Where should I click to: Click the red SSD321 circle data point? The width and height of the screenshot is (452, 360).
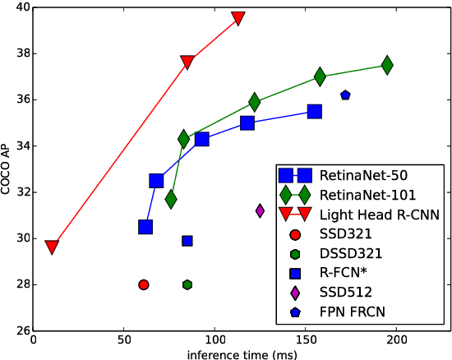coord(144,284)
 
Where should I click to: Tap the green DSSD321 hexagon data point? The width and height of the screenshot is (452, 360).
coord(187,284)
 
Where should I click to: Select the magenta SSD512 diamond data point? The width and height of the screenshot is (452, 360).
coord(260,210)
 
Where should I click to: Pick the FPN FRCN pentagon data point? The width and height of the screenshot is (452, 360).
coord(345,95)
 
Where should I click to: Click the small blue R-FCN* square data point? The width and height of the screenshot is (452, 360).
coord(187,241)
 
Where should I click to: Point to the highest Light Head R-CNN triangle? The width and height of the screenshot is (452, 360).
coord(238,18)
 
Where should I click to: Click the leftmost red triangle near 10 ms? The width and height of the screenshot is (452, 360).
coord(52,247)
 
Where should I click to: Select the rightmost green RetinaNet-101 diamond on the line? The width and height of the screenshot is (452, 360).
coord(386,65)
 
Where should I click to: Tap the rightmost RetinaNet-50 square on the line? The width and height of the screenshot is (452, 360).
coord(314,111)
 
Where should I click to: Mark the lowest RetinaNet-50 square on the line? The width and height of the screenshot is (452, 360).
coord(145,227)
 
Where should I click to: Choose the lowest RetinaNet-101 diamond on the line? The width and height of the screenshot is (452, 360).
coord(171,199)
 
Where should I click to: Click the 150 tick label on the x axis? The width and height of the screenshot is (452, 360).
coord(305,338)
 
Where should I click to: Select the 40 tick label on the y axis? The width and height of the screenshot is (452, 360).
coord(22,7)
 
